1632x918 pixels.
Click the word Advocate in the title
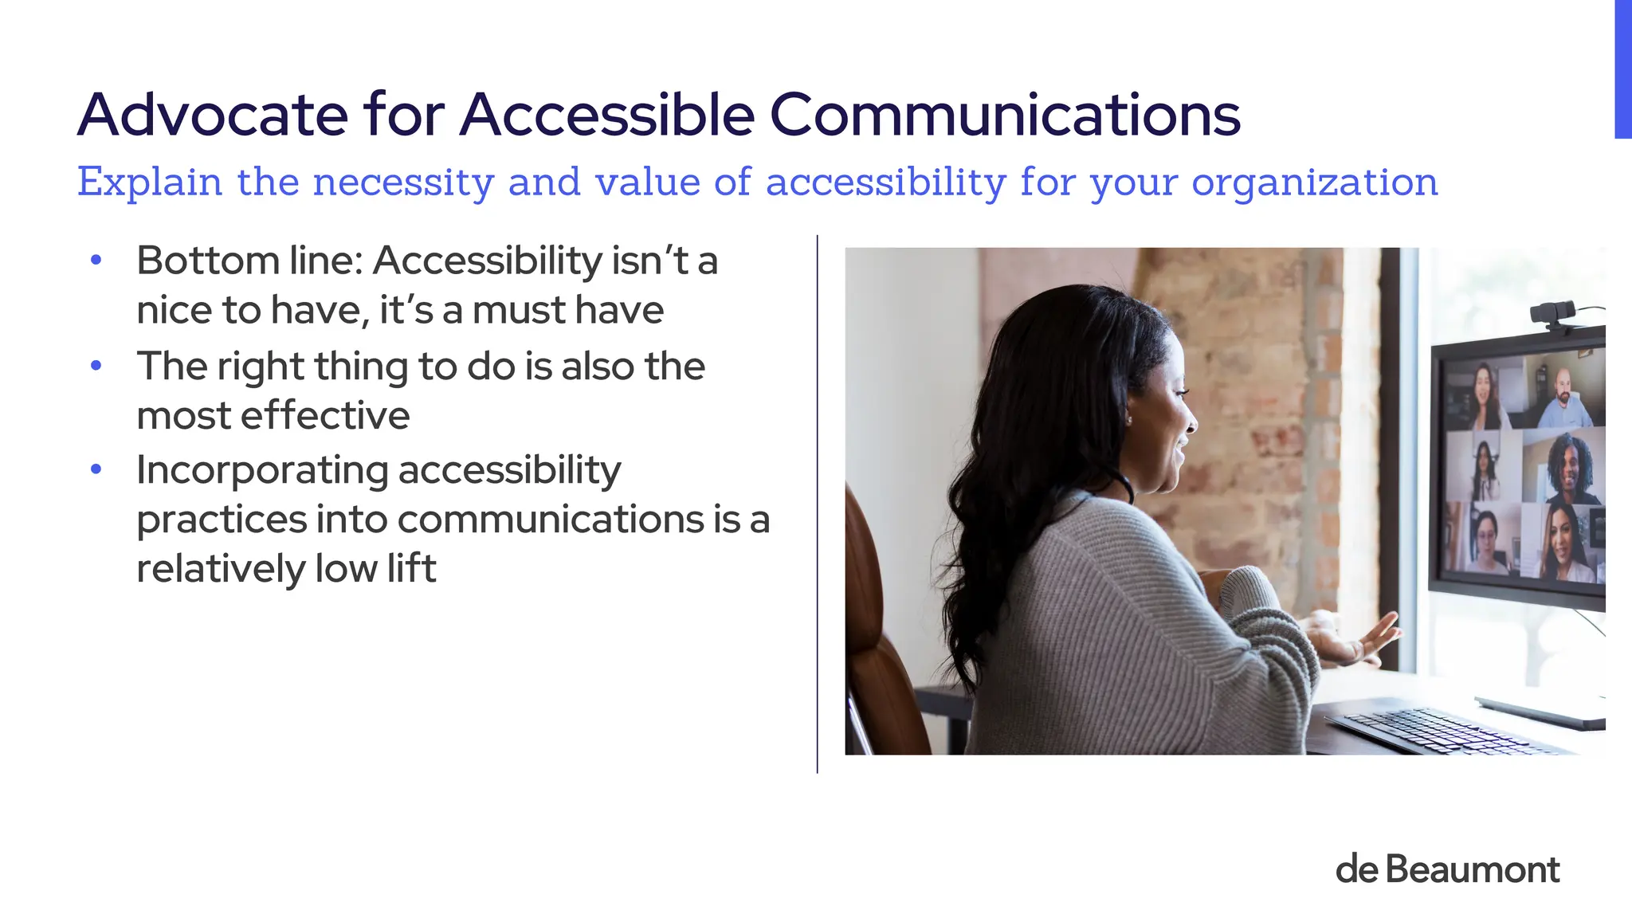[212, 115]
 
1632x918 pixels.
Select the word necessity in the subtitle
[403, 182]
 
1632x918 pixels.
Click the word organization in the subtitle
[1314, 182]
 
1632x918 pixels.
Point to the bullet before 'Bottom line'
[96, 261]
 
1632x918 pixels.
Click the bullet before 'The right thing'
[96, 367]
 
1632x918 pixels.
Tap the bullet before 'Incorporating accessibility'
[96, 470]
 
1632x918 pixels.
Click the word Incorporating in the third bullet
[261, 470]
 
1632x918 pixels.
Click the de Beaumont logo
[1447, 869]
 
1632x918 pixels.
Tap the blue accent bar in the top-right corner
[1622, 69]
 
